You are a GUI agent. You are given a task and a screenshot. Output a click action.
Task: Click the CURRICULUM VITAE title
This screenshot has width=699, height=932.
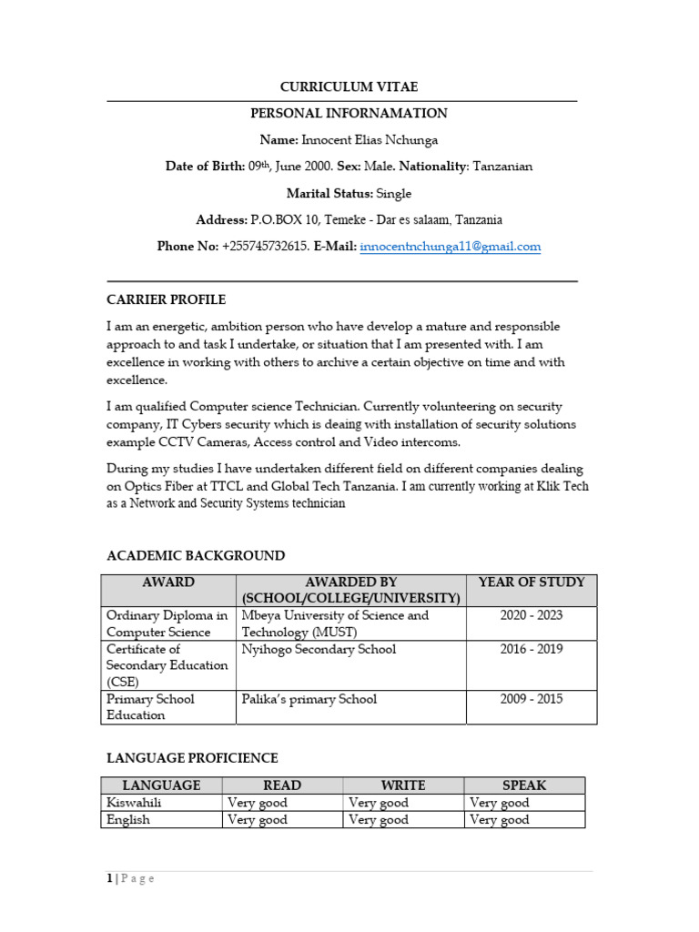tap(349, 86)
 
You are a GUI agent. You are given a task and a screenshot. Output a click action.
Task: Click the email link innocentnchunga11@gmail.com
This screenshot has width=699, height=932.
tap(451, 247)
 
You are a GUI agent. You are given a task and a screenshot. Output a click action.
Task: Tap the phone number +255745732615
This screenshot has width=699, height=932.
tap(265, 247)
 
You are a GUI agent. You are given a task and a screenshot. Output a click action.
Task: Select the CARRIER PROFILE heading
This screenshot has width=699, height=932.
tap(166, 299)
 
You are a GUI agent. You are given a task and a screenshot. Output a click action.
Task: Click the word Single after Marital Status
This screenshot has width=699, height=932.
tap(394, 193)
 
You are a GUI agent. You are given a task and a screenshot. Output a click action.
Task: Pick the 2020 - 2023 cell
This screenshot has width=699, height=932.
tap(532, 615)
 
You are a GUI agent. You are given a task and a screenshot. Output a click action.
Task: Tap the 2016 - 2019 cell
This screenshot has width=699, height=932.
tap(532, 649)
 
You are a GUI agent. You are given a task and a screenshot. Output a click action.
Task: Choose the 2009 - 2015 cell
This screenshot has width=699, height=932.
tap(532, 699)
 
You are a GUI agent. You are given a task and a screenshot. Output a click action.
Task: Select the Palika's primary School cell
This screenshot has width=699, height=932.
tap(309, 699)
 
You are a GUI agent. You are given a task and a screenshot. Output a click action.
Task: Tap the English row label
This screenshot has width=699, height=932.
tap(128, 820)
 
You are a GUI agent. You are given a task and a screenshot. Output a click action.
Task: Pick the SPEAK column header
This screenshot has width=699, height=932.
tap(524, 785)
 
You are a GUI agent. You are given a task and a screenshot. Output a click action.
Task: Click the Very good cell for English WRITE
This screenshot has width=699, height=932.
tap(379, 820)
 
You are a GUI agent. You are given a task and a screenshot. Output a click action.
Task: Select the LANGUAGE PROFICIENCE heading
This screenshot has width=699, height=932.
tap(192, 757)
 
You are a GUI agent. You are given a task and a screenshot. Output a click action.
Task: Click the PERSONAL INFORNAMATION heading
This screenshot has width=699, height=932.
tap(349, 114)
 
